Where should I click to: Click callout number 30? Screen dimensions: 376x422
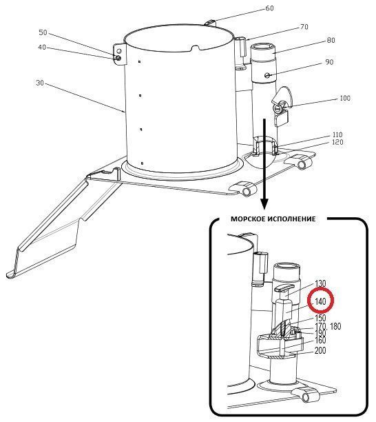[x=40, y=83]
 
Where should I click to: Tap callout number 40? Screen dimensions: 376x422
[x=42, y=48]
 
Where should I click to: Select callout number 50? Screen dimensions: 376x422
[x=43, y=32]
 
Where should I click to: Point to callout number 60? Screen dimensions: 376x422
[x=269, y=8]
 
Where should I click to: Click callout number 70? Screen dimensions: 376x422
[x=304, y=27]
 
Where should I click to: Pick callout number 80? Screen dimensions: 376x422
[x=331, y=40]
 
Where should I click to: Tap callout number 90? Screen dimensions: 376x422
[x=329, y=62]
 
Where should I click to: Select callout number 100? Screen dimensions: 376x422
[x=345, y=98]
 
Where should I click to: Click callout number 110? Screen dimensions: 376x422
[x=337, y=134]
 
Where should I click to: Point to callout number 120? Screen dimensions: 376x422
[x=338, y=142]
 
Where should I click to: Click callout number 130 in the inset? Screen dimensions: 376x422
[x=320, y=283]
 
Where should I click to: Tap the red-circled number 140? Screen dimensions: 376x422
[x=320, y=301]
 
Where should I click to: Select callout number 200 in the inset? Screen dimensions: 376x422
[x=320, y=350]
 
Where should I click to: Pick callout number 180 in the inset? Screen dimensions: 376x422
[x=335, y=326]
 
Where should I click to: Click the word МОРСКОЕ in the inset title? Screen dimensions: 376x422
[x=247, y=219]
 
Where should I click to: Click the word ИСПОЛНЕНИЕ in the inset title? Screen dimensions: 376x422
[x=291, y=219]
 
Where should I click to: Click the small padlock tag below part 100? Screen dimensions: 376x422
[x=281, y=119]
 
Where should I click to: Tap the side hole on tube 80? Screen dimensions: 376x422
[x=267, y=76]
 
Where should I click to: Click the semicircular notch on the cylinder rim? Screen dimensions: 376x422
[x=196, y=48]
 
